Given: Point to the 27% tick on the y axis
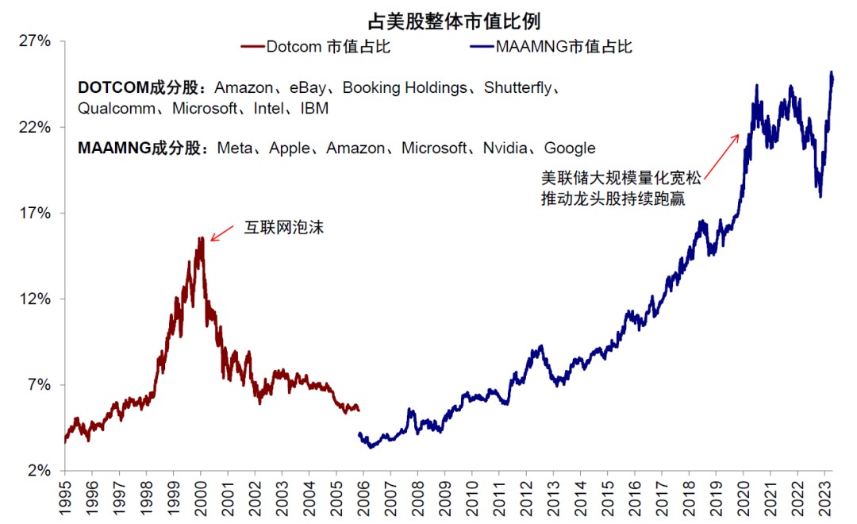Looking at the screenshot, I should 35,41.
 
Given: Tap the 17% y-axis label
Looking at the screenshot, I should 35,214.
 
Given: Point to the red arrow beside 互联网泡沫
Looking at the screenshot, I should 225,232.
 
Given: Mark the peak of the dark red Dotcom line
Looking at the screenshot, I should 202,238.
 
